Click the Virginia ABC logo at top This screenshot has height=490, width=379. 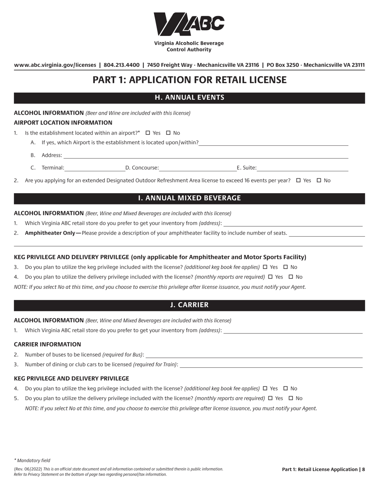click(x=189, y=24)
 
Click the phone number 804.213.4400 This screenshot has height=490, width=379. click(x=121, y=65)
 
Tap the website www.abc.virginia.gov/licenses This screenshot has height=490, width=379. click(x=55, y=65)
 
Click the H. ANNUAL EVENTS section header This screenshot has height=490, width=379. click(x=189, y=98)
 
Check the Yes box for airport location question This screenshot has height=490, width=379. click(x=148, y=133)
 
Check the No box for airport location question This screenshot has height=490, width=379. click(x=168, y=133)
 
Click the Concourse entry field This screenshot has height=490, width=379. click(x=197, y=168)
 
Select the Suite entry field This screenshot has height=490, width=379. click(x=302, y=168)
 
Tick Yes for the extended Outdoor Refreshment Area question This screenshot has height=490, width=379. click(x=298, y=180)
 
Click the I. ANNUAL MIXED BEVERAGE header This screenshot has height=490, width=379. click(x=189, y=198)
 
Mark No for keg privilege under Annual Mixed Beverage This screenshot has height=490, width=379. click(x=286, y=267)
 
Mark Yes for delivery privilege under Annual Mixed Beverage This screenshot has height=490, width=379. click(x=270, y=277)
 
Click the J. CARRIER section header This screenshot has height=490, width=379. click(x=189, y=305)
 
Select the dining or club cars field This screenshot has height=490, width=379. click(x=271, y=364)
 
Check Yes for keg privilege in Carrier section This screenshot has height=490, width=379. click(x=265, y=388)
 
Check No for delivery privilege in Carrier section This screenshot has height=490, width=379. click(x=291, y=398)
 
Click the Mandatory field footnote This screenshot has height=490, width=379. click(x=32, y=461)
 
